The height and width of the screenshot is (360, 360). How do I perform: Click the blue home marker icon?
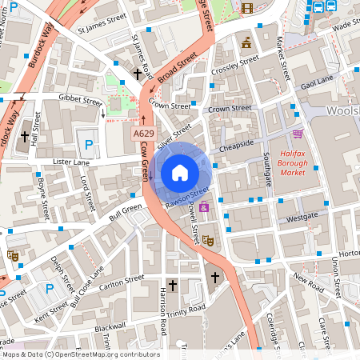[180, 173]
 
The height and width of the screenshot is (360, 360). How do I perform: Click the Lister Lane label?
[70, 162]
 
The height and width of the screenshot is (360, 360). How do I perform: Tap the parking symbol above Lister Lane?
[88, 144]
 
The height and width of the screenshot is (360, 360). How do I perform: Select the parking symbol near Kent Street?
[50, 288]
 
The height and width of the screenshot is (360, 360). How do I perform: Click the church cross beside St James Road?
[138, 73]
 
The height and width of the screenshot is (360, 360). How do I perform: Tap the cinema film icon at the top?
[246, 9]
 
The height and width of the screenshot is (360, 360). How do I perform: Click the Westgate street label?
[302, 216]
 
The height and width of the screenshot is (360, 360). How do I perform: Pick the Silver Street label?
[175, 134]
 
